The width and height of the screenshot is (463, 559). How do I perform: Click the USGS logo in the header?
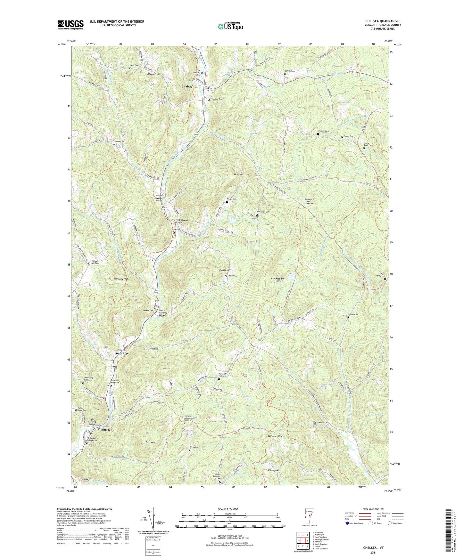(70, 24)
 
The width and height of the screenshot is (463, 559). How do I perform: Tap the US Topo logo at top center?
(230, 26)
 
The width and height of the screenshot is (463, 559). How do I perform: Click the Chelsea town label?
(187, 87)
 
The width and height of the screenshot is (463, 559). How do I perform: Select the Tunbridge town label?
(105, 430)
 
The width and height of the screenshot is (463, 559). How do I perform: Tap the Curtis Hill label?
(225, 270)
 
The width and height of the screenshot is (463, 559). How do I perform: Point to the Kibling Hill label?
(274, 470)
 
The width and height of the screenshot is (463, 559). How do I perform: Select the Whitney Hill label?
(121, 279)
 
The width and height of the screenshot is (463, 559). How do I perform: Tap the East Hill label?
(150, 442)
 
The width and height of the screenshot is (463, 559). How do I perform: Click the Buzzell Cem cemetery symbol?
(348, 317)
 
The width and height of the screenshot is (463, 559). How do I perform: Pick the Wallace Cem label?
(324, 131)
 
